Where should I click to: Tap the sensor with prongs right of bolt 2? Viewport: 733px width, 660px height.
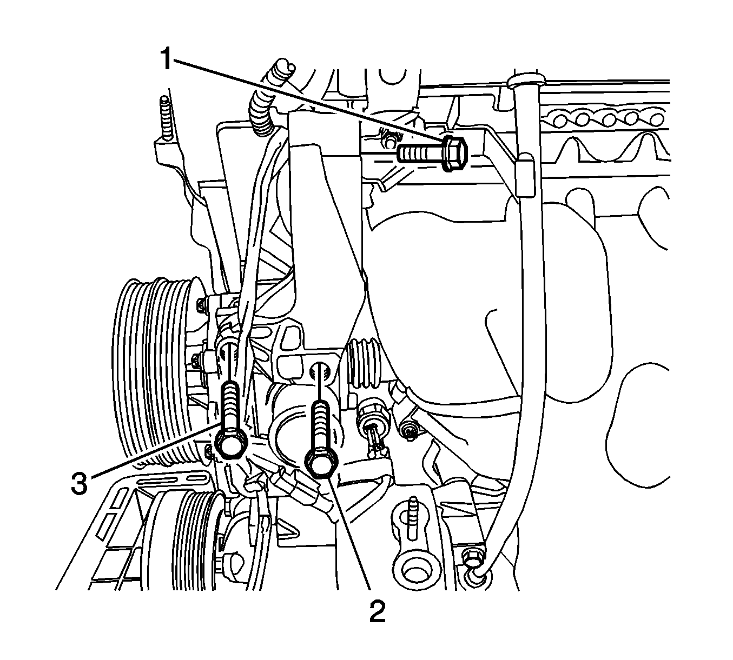click(x=373, y=424)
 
